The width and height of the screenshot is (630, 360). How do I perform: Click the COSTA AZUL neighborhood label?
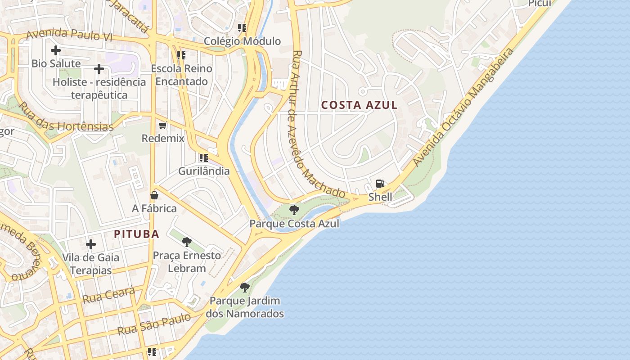359,105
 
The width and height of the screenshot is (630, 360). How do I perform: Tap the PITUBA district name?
137,234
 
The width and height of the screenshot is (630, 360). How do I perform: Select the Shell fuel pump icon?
380,184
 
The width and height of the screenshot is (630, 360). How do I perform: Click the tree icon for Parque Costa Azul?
294,210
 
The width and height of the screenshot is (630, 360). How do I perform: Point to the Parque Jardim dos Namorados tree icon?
245,287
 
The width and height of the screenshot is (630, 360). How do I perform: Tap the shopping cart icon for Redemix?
163,125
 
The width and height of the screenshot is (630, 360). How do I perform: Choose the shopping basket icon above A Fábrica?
154,195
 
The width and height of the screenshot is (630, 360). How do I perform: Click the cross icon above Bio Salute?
56,50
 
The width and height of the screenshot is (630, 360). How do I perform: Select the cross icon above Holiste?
99,69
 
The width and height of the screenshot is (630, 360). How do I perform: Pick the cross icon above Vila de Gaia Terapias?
91,244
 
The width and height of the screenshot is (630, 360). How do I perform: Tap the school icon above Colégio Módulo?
242,28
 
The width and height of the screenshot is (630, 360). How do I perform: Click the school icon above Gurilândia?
204,158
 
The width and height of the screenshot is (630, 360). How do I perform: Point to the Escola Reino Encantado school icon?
181,55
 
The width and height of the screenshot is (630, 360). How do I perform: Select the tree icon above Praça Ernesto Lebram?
186,242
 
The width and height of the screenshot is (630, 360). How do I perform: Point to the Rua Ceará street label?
108,295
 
